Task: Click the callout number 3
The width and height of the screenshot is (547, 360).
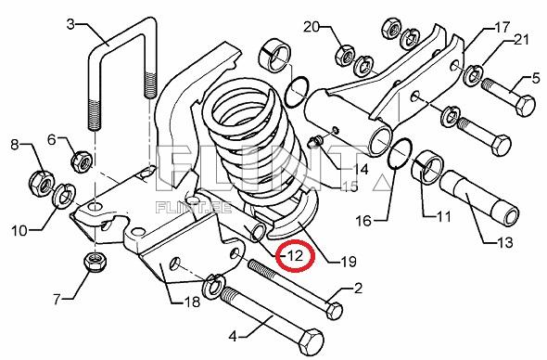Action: pos(70,24)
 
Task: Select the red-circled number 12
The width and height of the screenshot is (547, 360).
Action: pos(296,256)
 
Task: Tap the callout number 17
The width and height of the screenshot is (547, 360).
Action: pos(502,27)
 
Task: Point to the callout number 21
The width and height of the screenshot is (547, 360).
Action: pos(521,40)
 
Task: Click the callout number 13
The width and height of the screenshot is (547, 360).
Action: pos(505,242)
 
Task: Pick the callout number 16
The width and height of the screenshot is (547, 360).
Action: pos(363,221)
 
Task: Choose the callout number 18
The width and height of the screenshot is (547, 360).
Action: pos(192,302)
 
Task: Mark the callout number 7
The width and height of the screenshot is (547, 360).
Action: pos(57,300)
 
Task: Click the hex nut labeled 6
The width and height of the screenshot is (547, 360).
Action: pos(82,161)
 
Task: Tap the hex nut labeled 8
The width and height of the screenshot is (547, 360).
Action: pos(41,183)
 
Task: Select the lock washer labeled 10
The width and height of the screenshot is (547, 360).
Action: pos(64,194)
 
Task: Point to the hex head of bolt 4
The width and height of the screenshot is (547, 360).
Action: pos(310,341)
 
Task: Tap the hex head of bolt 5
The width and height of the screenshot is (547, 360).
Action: pos(525,105)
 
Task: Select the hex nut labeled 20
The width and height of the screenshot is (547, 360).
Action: pos(346,56)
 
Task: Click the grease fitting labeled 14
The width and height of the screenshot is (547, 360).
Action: pos(316,141)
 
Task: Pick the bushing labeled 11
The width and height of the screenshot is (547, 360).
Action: pos(427,167)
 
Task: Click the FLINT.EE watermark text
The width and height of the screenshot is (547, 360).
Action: pos(194,208)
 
